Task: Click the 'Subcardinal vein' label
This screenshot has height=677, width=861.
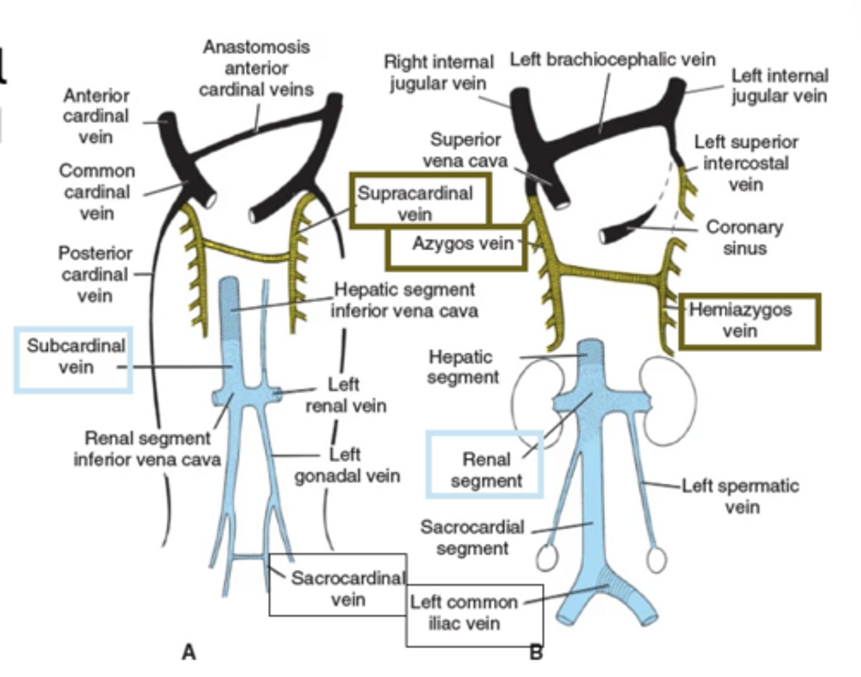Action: point(75,356)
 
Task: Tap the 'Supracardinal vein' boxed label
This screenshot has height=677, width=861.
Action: point(415,204)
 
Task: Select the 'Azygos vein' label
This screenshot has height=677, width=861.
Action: point(462,244)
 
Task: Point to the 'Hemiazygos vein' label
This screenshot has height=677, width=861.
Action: point(740,320)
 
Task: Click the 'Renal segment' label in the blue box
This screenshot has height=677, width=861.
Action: point(486,470)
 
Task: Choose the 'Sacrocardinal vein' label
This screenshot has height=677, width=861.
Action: point(347,588)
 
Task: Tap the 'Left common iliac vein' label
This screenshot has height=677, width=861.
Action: point(464,612)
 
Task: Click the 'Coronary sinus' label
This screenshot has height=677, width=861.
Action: point(744,237)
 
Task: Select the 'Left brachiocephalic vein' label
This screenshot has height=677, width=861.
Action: point(612,59)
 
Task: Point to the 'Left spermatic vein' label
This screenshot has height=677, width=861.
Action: point(741,496)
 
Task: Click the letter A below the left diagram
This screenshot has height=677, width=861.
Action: point(188,652)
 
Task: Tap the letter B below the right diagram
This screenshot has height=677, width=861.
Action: point(536,652)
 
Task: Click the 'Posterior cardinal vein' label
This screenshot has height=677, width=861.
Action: point(95,274)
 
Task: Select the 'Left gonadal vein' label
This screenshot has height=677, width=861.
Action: point(347,465)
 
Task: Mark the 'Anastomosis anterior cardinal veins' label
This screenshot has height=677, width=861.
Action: point(256,68)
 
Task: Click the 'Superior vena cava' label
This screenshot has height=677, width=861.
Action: point(465,150)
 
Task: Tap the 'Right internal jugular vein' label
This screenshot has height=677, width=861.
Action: point(438,72)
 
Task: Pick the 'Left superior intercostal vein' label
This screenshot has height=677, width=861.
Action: point(746,163)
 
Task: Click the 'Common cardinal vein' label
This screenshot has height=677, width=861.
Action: point(96,192)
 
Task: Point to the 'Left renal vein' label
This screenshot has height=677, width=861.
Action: point(346,394)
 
